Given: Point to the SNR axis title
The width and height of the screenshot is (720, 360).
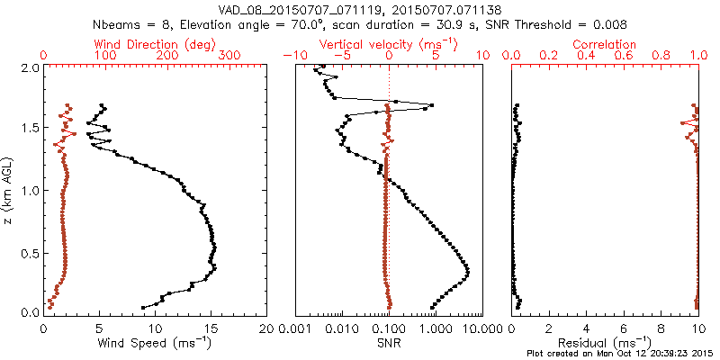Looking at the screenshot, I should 388,343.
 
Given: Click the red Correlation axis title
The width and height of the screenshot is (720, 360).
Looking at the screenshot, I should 605,44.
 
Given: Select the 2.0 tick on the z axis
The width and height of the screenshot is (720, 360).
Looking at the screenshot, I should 29,67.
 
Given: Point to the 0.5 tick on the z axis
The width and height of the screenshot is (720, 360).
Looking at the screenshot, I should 29,251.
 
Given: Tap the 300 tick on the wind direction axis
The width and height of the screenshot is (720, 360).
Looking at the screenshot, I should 231,56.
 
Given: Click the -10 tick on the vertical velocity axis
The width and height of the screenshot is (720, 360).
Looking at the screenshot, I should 292,56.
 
